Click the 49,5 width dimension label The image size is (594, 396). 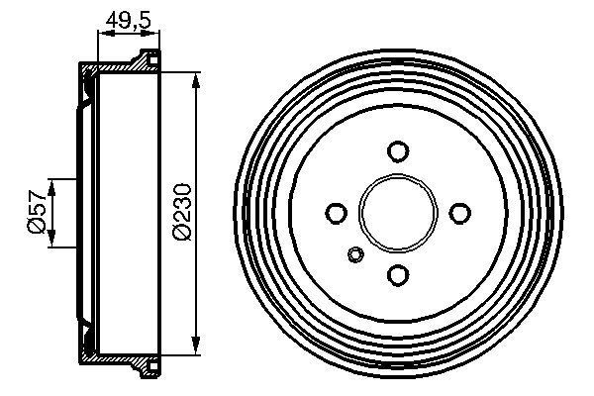pos(126,17)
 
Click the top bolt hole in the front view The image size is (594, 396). pos(398,151)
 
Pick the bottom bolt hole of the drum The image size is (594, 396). pos(398,274)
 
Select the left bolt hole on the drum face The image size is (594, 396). pos(337,213)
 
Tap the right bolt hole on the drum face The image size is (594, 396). pos(459,213)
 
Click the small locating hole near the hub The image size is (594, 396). pos(356,256)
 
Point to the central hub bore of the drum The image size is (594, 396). pos(398,213)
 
